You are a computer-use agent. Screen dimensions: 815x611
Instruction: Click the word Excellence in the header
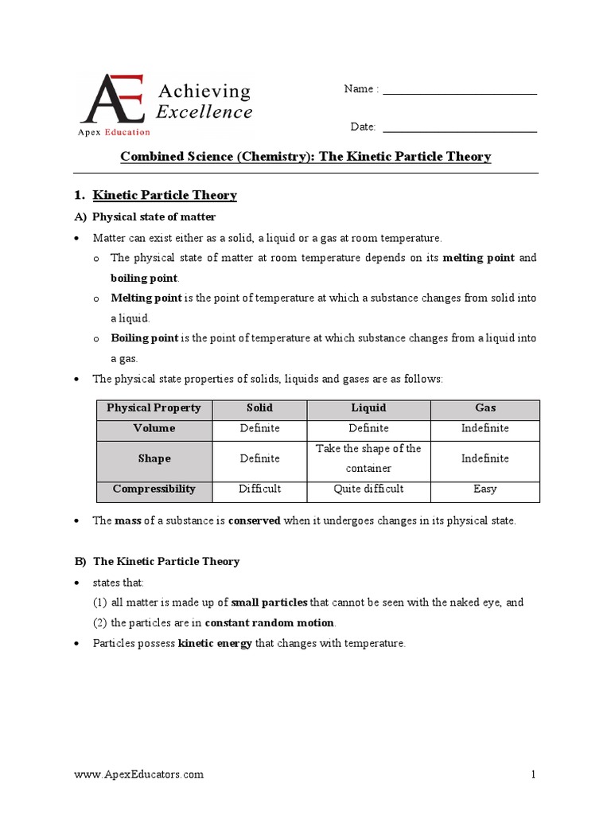[204, 112]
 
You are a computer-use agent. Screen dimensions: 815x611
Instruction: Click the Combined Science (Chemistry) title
[305, 157]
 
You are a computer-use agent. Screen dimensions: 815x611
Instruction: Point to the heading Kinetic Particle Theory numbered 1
[165, 195]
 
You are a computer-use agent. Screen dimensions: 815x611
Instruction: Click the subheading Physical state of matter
[154, 216]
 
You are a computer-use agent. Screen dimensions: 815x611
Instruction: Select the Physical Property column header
[154, 407]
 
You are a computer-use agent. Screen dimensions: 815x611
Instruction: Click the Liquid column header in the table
[368, 407]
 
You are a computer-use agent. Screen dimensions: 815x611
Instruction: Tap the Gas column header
[485, 407]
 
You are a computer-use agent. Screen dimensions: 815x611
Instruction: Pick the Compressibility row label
[154, 489]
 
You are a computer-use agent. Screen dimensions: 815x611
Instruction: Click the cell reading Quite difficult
[368, 489]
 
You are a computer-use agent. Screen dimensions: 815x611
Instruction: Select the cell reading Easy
[485, 489]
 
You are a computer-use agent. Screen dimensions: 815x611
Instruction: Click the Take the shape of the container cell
[368, 458]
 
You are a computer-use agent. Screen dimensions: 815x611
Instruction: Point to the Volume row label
[154, 428]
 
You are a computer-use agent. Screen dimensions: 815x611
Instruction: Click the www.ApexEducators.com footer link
[138, 774]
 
